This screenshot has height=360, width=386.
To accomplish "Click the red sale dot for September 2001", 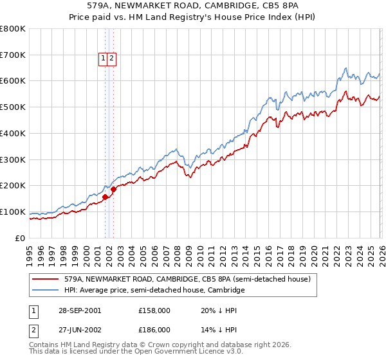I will point(105,197).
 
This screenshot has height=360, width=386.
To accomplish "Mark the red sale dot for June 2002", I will point(113,189).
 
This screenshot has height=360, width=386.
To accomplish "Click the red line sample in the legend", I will point(46,280).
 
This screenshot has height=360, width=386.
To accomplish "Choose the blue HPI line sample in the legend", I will point(46,291).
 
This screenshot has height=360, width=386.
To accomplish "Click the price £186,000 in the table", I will point(154,329).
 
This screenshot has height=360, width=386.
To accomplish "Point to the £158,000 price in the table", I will point(154,310).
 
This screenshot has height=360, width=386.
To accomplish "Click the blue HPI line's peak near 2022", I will point(346,67).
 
